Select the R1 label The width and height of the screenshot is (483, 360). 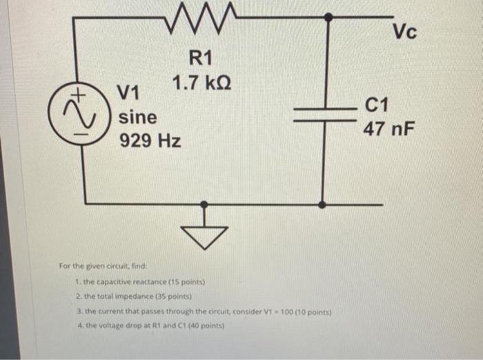pos(201,58)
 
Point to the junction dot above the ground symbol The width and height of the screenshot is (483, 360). pos(204,204)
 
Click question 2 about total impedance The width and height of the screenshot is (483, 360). pos(131,297)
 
